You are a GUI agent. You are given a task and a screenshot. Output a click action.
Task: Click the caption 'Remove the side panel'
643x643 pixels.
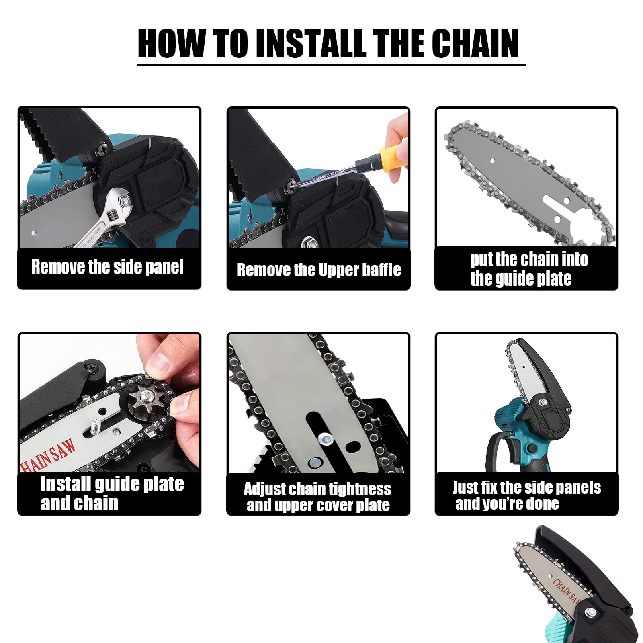107,267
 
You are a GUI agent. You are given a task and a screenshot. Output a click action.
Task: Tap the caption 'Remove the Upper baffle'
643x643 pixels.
319,270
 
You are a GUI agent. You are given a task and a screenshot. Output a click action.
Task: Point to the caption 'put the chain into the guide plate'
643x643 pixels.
529,269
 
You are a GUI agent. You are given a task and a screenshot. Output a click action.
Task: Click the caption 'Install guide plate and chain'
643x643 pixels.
112,494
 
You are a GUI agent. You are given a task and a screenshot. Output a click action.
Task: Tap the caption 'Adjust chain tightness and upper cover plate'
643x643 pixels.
317,497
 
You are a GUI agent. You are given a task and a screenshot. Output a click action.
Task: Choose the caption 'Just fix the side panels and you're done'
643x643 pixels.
526,495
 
